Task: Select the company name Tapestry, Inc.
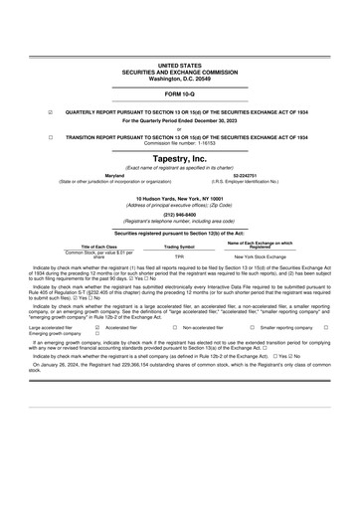coord(179,157)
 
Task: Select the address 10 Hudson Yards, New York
coord(179,199)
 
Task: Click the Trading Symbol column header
coord(179,246)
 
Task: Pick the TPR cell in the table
coord(179,255)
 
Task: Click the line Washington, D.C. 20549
coord(179,77)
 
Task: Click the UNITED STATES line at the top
coord(179,63)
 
